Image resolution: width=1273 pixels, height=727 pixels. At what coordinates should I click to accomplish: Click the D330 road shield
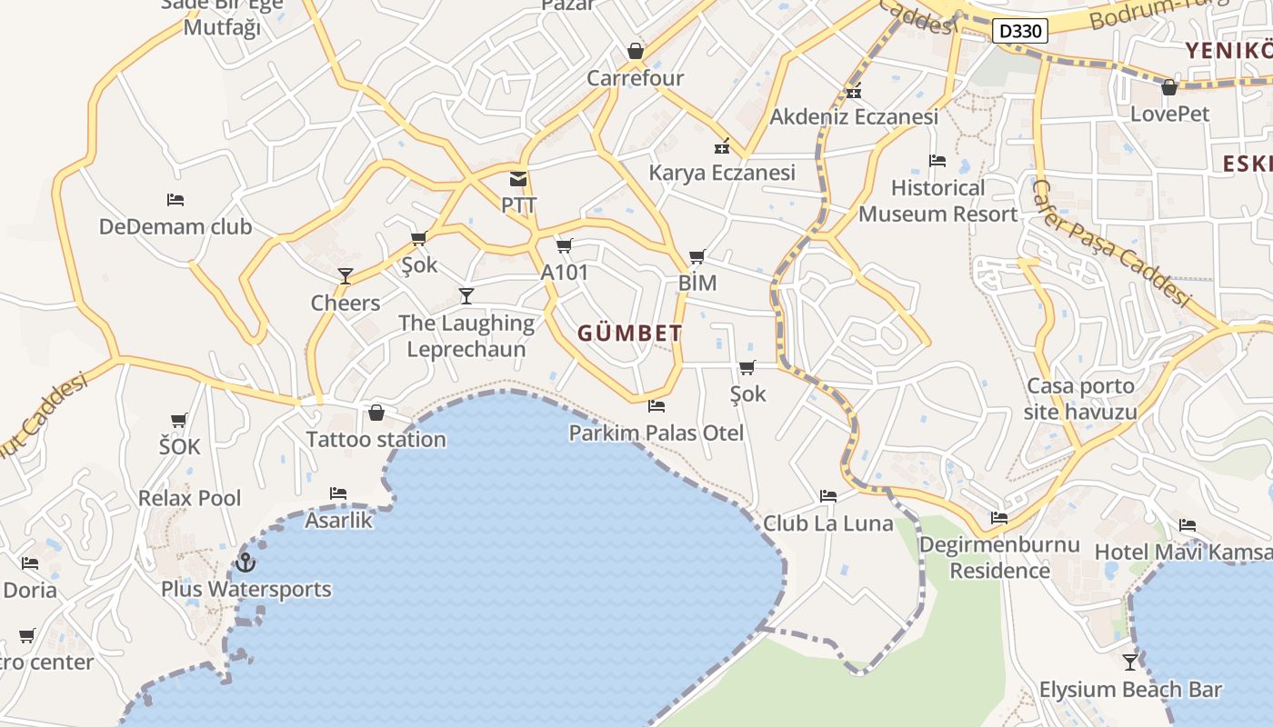click(x=1018, y=31)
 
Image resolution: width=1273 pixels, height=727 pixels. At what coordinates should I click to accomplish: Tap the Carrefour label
click(x=635, y=78)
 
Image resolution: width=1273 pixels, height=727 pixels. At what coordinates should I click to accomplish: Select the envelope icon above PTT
click(x=518, y=179)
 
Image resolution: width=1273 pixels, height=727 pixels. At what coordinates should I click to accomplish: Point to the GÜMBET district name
click(x=629, y=334)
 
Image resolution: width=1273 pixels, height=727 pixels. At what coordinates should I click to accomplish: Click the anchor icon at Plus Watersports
click(x=246, y=563)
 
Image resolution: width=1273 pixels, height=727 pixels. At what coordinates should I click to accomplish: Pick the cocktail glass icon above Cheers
click(x=345, y=275)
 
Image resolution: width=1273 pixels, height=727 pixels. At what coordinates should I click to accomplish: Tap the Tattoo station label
click(x=376, y=440)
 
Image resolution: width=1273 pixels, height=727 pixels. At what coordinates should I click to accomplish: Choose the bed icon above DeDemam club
click(x=175, y=200)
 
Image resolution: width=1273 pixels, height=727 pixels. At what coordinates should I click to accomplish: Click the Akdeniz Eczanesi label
click(x=854, y=117)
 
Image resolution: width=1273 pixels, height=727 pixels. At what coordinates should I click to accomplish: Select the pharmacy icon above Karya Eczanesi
click(x=722, y=145)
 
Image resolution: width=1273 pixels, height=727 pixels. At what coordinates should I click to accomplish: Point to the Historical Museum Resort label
click(x=937, y=201)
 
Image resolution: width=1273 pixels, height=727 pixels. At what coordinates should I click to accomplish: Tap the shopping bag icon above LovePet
click(x=1169, y=87)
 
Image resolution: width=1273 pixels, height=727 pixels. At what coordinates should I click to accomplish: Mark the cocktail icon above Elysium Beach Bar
click(x=1130, y=662)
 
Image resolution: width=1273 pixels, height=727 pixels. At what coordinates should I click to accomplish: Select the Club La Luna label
click(x=827, y=523)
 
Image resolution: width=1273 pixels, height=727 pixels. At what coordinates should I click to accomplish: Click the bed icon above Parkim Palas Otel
click(x=657, y=406)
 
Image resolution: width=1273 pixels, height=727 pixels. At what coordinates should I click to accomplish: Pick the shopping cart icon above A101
click(x=564, y=245)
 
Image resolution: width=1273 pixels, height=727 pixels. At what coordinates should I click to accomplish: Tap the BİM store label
click(x=697, y=283)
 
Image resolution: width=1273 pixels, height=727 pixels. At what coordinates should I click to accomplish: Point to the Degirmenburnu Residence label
click(x=999, y=557)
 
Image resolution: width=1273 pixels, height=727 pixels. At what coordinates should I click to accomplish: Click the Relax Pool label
click(x=189, y=498)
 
